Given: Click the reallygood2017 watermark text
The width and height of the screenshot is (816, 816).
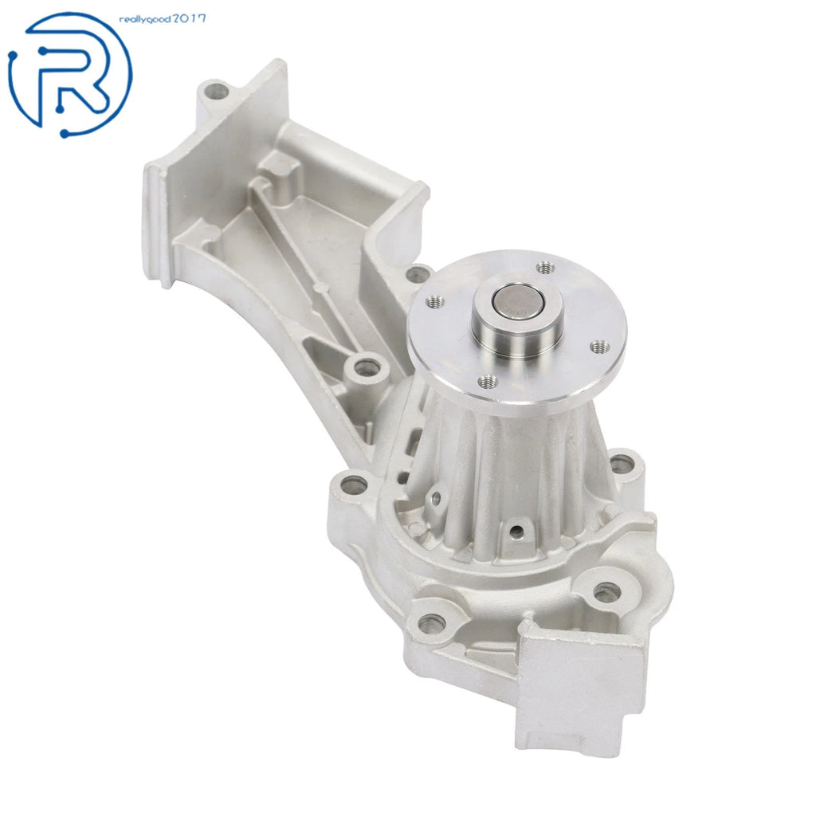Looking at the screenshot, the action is tap(163, 19).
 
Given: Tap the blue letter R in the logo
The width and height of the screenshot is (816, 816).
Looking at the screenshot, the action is tap(70, 78).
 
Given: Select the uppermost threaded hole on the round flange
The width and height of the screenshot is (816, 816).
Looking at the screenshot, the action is tap(545, 268).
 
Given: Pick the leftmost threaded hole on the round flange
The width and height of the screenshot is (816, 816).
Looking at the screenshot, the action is tap(435, 300).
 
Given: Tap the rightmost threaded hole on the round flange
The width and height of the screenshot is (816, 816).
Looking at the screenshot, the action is tap(600, 347).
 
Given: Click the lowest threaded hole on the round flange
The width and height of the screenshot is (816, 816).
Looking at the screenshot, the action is tap(487, 382).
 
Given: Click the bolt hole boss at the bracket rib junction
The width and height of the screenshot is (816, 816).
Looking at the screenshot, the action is tap(366, 368).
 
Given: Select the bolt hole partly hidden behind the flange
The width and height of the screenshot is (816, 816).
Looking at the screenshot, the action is tap(417, 274).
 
